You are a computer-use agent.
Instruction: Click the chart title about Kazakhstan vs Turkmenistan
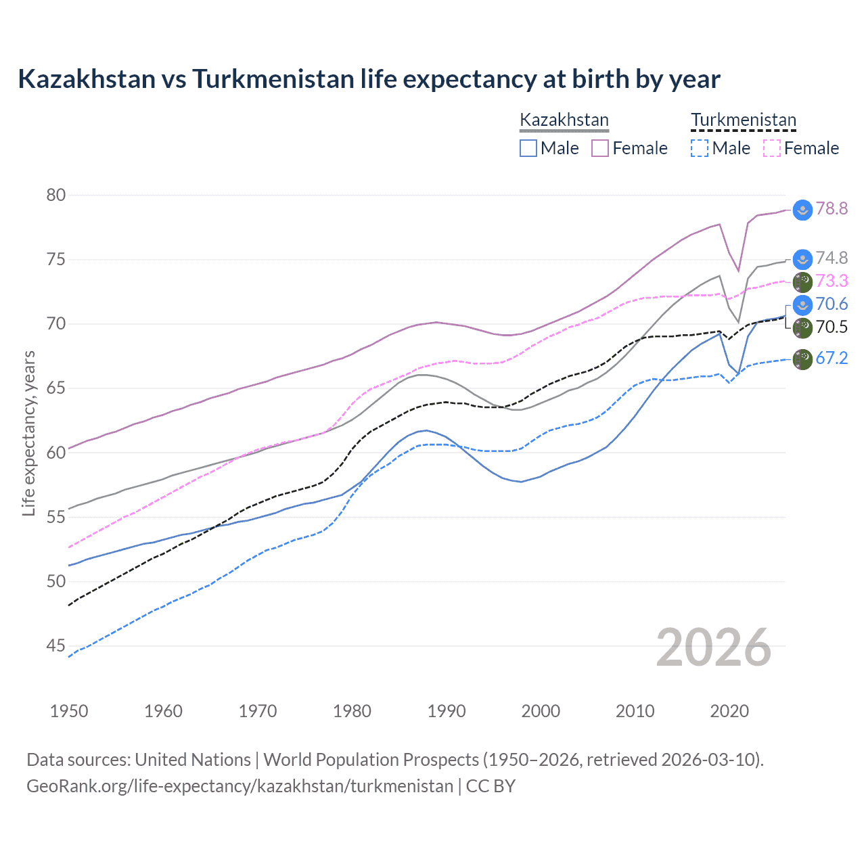click(369, 79)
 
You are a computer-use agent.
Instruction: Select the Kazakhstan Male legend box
click(528, 148)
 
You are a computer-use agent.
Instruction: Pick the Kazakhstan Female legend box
click(600, 148)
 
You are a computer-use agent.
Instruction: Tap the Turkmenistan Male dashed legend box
click(700, 148)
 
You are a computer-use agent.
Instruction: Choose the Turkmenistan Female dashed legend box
click(772, 148)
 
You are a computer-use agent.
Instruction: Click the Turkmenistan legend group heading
click(744, 120)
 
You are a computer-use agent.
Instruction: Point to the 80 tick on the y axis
click(55, 196)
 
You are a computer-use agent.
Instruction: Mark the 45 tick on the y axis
click(55, 646)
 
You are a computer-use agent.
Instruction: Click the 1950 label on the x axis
click(69, 711)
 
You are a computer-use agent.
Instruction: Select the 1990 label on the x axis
click(447, 711)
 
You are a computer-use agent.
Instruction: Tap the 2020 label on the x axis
click(729, 711)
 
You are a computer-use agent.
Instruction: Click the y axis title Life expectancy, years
click(28, 433)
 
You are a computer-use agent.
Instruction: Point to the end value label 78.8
click(831, 209)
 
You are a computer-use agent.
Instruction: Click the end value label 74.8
click(831, 258)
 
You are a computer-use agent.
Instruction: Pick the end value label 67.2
click(831, 359)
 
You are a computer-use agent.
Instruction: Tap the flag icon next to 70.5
click(802, 328)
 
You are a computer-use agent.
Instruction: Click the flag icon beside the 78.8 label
click(802, 210)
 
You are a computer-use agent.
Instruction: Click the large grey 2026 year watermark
click(713, 647)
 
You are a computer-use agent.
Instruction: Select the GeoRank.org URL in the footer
click(240, 786)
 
